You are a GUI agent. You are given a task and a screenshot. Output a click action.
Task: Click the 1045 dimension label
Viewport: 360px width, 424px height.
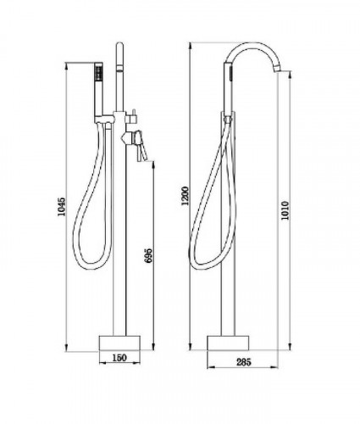point(61,206)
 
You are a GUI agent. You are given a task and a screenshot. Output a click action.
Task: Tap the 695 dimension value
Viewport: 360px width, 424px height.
point(148,255)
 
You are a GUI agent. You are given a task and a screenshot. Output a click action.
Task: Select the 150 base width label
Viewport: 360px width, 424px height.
point(119,358)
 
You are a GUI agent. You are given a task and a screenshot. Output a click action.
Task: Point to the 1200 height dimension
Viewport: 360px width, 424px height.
point(185,196)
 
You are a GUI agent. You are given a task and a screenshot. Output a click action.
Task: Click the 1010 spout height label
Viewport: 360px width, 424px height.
point(285,210)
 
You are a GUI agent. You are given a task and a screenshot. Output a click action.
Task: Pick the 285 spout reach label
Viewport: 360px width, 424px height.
point(243,362)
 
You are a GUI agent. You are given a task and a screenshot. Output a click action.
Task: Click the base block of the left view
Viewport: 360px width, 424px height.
point(119,343)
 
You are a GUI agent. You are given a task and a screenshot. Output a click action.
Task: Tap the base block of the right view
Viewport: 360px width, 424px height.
point(228,343)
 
